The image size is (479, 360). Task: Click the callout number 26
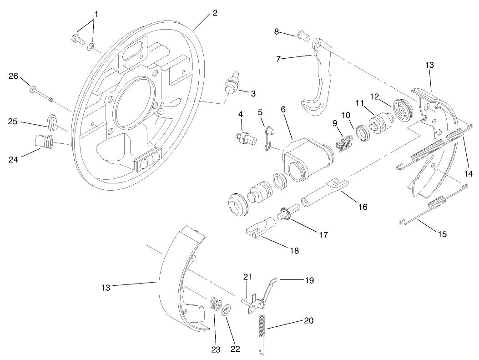pyautogui.click(x=13, y=76)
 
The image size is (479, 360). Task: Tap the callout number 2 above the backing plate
pyautogui.click(x=214, y=13)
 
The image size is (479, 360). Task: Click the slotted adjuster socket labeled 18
pyautogui.click(x=261, y=228)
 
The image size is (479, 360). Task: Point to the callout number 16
pyautogui.click(x=362, y=207)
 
